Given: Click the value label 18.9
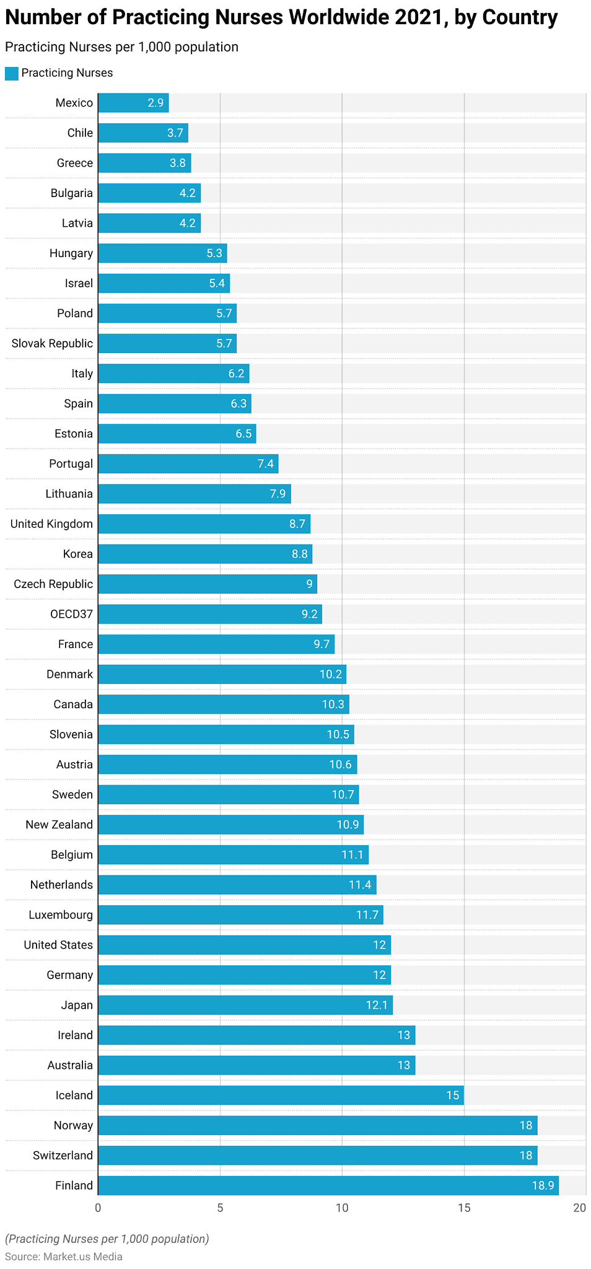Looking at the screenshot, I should (543, 1185).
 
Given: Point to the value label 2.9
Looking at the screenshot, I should (155, 103).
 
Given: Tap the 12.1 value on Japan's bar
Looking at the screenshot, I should (377, 1005).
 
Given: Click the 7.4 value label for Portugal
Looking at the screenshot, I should (266, 463).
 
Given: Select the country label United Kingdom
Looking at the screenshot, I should (51, 524).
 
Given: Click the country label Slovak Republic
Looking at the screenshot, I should (52, 343).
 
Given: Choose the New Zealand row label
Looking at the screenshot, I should (59, 824).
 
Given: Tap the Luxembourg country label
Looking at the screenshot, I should (61, 915).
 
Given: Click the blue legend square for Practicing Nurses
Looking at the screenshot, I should (12, 73).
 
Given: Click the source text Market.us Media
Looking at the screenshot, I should (82, 1257).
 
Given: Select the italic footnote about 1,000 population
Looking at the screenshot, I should (107, 1239).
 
